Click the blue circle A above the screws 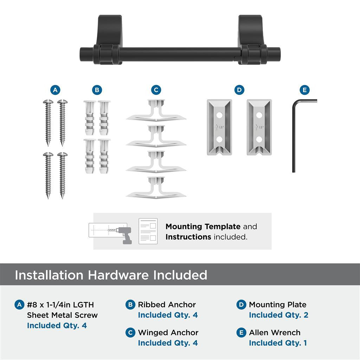tap(54, 90)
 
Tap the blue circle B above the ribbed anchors tap(97, 90)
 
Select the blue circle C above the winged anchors tap(156, 90)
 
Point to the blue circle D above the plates tap(239, 90)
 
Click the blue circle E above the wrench tap(304, 90)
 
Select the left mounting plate tap(219, 127)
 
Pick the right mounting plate tap(259, 127)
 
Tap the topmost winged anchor tap(156, 111)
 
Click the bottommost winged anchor tap(156, 188)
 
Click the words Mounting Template tap(203, 227)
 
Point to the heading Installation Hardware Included tap(111, 275)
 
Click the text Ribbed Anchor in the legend tap(167, 305)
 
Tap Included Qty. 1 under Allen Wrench tap(278, 343)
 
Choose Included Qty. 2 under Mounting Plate tap(278, 315)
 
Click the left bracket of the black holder tap(109, 39)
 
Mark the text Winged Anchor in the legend tap(168, 333)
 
